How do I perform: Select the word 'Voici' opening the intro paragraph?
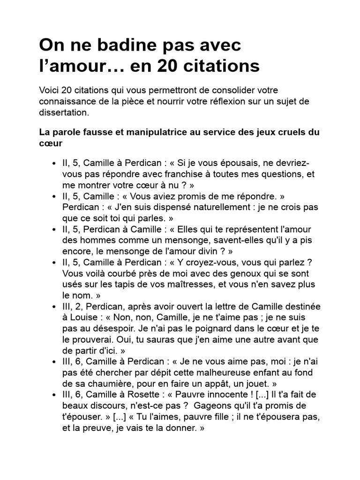point(50,90)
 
